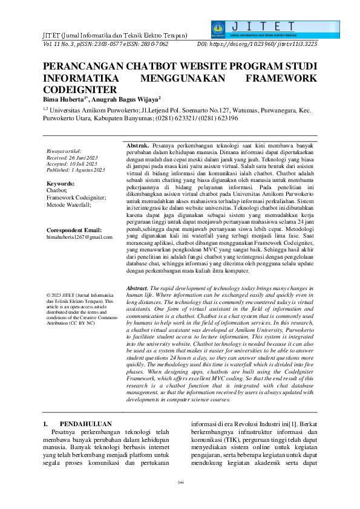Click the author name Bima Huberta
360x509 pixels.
tap(65, 99)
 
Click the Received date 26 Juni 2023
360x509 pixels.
tap(69, 157)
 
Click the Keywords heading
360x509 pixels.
tap(61, 183)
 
